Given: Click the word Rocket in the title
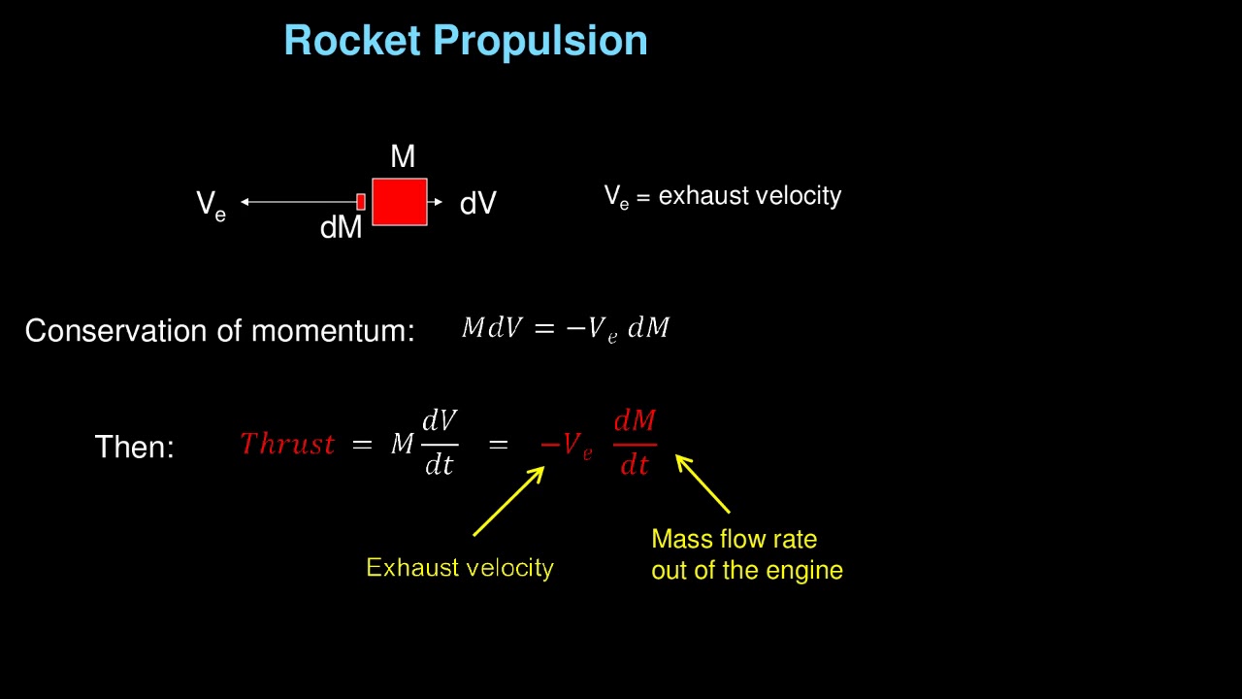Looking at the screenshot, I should [353, 41].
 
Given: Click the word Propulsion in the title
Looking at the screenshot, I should [539, 41].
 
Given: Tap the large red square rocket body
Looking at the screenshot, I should [400, 202].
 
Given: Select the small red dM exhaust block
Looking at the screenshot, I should [361, 202].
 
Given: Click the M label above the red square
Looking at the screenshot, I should [403, 156].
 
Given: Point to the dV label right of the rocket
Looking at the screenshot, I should [478, 204].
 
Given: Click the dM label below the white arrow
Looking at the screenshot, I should [341, 228].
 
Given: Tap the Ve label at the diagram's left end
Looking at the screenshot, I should [211, 205].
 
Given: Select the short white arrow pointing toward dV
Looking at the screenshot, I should [436, 202].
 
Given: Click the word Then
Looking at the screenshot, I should [134, 448].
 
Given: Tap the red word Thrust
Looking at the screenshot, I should [287, 445].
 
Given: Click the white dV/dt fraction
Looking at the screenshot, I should [440, 444].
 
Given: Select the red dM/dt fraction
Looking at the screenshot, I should [635, 444].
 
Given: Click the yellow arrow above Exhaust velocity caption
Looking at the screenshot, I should [508, 501].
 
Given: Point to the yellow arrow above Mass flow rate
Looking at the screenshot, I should [703, 483].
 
